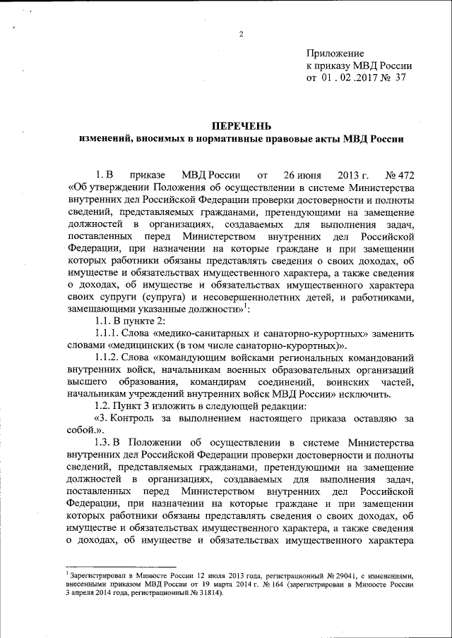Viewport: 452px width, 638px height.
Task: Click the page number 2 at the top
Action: tap(241, 36)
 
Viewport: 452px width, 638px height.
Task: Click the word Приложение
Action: tap(335, 54)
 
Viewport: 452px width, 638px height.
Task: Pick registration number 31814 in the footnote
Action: tap(206, 594)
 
